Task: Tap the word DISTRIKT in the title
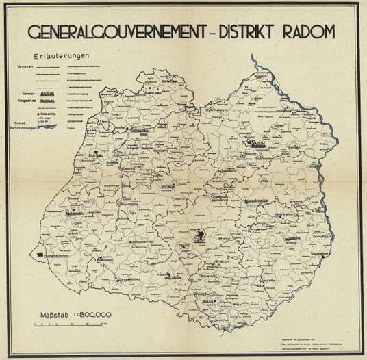click(237, 32)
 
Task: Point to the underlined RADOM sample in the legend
click(47, 92)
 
